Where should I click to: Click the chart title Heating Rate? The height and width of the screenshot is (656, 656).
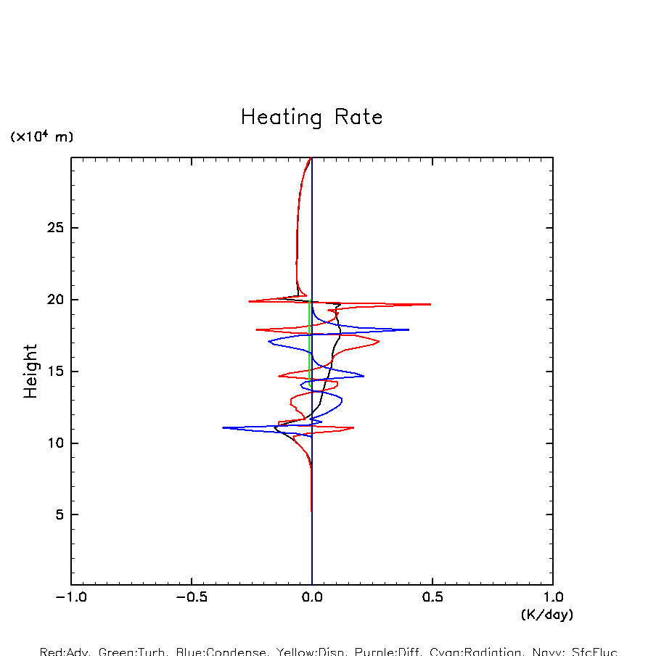311,118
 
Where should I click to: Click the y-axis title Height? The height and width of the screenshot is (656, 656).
30,371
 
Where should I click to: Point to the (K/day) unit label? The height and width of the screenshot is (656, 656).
547,615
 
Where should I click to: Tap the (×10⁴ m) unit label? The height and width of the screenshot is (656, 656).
41,136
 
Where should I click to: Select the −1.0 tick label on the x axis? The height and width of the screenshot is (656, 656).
71,598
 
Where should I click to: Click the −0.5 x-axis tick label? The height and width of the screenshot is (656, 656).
192,598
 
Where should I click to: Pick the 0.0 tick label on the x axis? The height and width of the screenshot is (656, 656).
312,598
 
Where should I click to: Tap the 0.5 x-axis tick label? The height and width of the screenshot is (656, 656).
432,598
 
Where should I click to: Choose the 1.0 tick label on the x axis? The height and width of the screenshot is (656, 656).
553,598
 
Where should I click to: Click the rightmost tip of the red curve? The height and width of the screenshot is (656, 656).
430,304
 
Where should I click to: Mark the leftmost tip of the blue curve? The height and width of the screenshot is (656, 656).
223,427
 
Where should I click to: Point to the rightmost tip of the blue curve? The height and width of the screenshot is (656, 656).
409,329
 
